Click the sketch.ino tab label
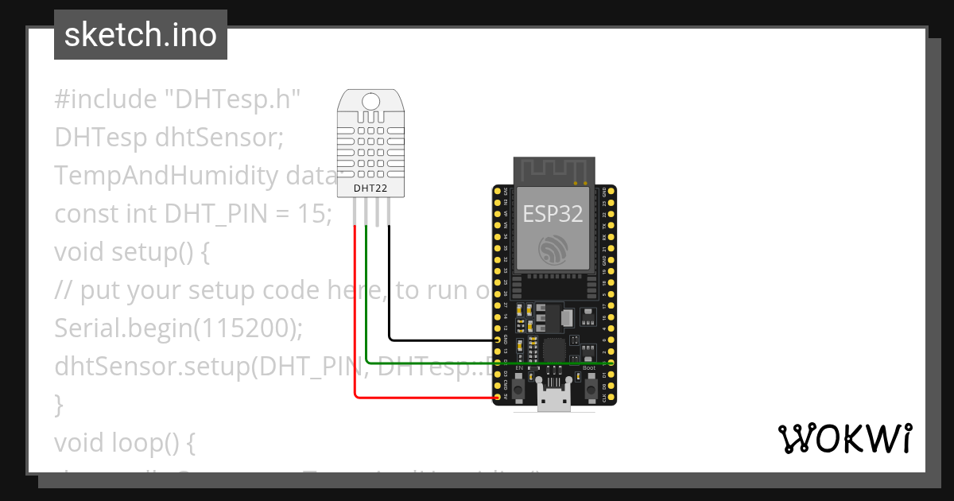(x=140, y=35)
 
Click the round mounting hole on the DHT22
(x=370, y=101)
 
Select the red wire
(x=355, y=318)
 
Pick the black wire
(x=389, y=286)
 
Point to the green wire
(x=366, y=302)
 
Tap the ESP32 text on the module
(x=553, y=213)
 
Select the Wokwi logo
(x=844, y=438)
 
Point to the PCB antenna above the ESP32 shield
(x=553, y=169)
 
